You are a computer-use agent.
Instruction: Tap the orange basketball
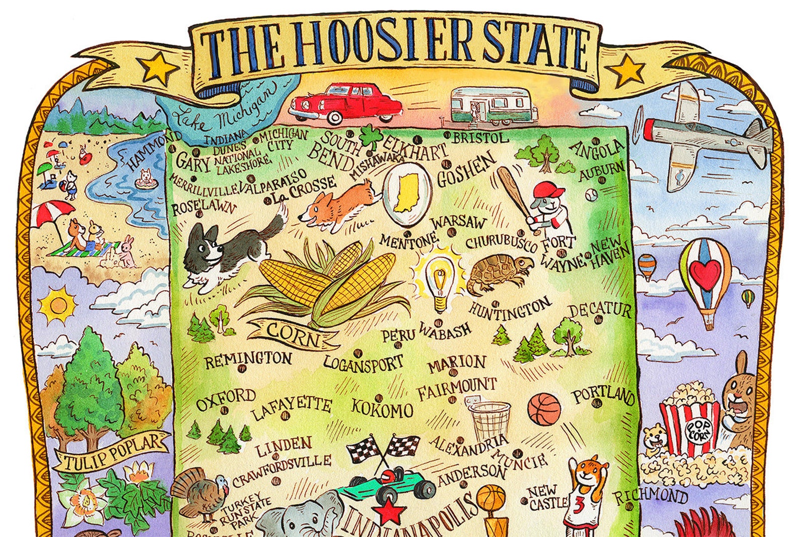[544, 408]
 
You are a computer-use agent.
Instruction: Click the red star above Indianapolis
[390, 514]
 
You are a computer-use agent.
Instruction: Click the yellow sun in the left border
[58, 304]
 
